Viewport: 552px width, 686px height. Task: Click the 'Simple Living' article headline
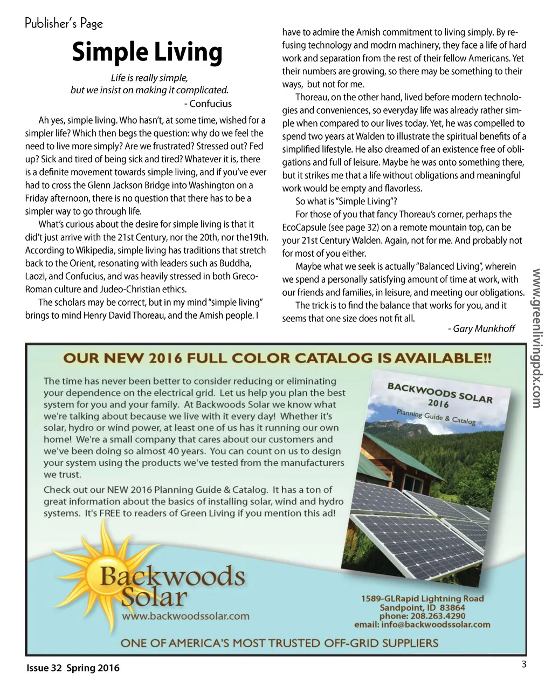click(x=147, y=52)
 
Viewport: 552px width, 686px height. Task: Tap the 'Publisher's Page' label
click(x=64, y=23)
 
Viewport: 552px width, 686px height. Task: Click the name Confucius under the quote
click(x=211, y=104)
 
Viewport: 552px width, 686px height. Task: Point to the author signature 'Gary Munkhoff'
click(x=484, y=328)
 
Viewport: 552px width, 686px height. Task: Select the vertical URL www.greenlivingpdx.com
click(x=536, y=338)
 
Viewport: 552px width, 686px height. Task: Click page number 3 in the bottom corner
click(x=523, y=664)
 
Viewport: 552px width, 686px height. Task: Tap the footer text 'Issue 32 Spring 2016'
click(x=73, y=668)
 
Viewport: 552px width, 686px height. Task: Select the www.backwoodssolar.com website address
click(x=186, y=615)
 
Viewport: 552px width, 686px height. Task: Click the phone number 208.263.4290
click(x=437, y=616)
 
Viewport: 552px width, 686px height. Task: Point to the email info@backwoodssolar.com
click(x=422, y=625)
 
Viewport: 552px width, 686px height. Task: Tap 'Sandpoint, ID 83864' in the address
click(x=422, y=607)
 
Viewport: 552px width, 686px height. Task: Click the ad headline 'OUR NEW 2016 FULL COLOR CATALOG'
click(x=277, y=358)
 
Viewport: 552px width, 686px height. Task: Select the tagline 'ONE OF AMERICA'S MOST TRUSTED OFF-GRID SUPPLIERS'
click(x=279, y=643)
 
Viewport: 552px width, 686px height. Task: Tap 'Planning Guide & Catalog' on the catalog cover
click(x=436, y=417)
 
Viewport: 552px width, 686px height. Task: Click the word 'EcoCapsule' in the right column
click(x=306, y=228)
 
